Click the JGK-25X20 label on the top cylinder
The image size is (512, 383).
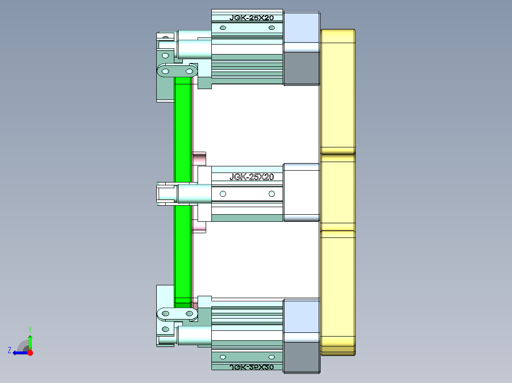click(252, 18)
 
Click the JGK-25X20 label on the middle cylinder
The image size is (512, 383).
click(252, 177)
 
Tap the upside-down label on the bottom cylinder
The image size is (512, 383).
click(252, 366)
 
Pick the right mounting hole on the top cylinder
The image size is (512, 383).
click(271, 28)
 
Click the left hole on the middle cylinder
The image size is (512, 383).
click(223, 194)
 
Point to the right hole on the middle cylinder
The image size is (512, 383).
click(271, 194)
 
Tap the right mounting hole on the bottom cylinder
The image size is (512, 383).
click(271, 357)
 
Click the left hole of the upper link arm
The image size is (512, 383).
click(166, 71)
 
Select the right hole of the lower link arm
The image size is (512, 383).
click(189, 313)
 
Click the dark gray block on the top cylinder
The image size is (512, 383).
click(301, 68)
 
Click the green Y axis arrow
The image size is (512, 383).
click(30, 340)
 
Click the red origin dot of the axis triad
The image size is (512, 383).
click(30, 353)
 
